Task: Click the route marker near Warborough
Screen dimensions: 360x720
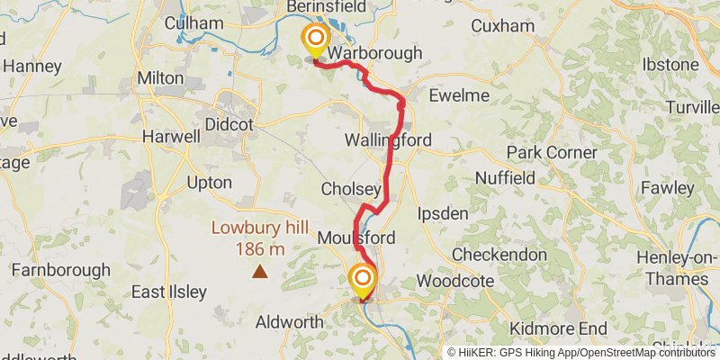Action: (316, 40)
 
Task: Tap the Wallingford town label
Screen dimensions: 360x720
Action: (388, 140)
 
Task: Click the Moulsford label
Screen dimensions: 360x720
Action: (356, 238)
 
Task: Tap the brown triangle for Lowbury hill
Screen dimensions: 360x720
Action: (260, 270)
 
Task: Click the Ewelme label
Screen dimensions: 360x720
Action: (459, 95)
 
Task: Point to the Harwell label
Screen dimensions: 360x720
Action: (171, 138)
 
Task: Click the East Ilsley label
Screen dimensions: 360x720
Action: (169, 292)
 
